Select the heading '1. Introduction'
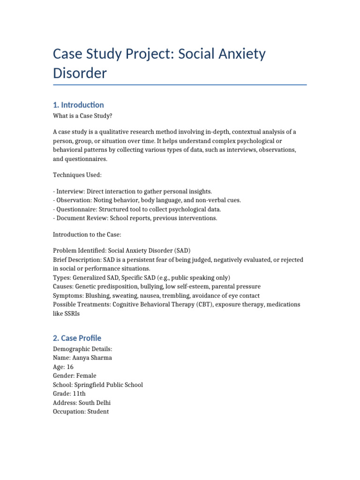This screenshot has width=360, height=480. pyautogui.click(x=79, y=105)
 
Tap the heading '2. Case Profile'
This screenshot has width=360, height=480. pyautogui.click(x=77, y=338)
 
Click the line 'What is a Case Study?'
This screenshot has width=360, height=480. pyautogui.click(x=83, y=116)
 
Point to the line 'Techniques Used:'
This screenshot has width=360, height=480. pyautogui.click(x=77, y=175)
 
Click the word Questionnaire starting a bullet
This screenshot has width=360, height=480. pyautogui.click(x=76, y=210)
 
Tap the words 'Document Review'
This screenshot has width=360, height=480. pyautogui.click(x=80, y=218)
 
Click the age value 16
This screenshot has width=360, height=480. pyautogui.click(x=70, y=367)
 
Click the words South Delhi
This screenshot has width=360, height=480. pyautogui.click(x=95, y=403)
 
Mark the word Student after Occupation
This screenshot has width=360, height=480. pyautogui.click(x=98, y=412)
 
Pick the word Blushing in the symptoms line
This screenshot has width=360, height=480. pyautogui.click(x=98, y=296)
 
